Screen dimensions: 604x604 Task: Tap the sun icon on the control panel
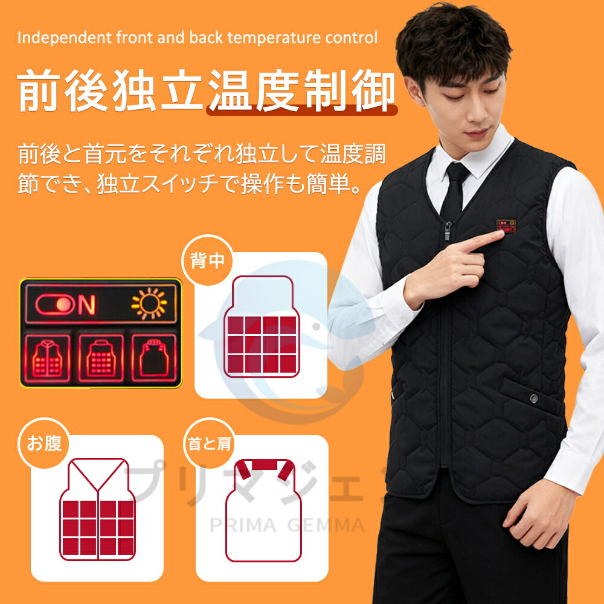(149, 304)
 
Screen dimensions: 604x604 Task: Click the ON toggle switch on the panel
(55, 304)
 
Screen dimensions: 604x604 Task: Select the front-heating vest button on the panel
(48, 358)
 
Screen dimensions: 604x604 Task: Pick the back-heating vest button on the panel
(101, 358)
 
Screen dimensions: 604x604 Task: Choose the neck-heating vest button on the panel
(154, 358)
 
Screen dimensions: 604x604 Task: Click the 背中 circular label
(207, 260)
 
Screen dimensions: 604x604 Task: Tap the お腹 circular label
(44, 443)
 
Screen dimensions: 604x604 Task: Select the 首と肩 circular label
(209, 443)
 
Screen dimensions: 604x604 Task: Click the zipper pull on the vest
(448, 231)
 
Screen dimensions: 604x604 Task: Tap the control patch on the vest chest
(506, 226)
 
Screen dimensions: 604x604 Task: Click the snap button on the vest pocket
(533, 398)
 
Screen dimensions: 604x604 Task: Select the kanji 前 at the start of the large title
(39, 91)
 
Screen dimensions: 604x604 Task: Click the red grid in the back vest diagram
(262, 345)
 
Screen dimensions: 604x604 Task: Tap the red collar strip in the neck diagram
(265, 465)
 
